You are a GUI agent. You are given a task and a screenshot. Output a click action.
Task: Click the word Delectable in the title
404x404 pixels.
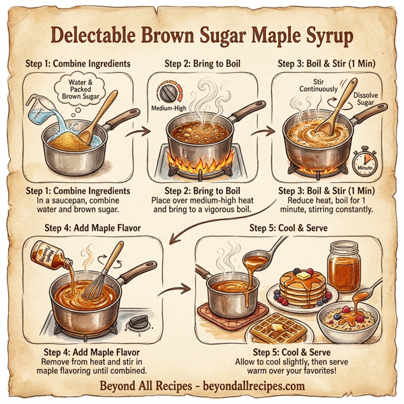click(100, 33)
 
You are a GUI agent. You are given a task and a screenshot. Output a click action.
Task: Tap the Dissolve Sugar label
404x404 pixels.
click(366, 100)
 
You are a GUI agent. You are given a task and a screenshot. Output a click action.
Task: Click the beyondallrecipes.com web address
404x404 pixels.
click(253, 386)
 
